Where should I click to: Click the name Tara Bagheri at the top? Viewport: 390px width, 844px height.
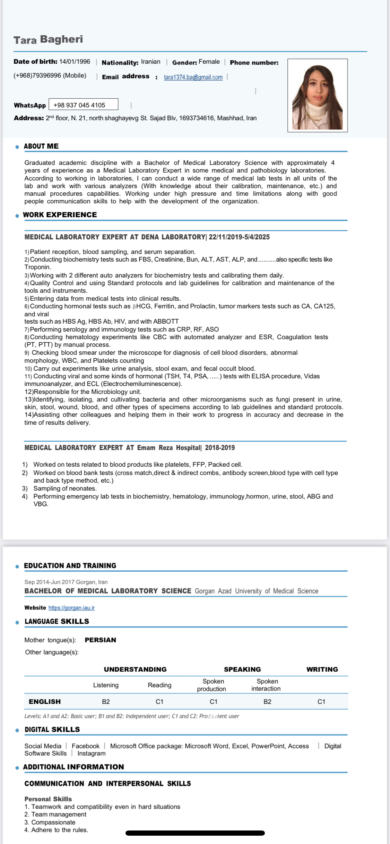click(x=48, y=39)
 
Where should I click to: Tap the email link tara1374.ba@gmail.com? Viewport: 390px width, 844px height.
click(x=193, y=77)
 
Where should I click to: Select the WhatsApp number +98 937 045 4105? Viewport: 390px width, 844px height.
click(x=79, y=105)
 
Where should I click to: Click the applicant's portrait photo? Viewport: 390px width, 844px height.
click(x=317, y=96)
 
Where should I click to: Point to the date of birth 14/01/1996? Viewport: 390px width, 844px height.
click(x=75, y=62)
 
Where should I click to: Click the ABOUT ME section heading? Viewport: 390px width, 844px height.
click(x=41, y=146)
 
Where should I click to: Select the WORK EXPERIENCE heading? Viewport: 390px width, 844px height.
click(x=60, y=215)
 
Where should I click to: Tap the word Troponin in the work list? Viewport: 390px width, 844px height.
click(x=37, y=267)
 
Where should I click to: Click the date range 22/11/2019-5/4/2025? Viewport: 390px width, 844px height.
click(x=239, y=237)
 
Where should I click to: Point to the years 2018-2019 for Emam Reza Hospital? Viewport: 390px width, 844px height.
click(x=220, y=448)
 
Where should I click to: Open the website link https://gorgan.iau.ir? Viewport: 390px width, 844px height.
click(x=71, y=608)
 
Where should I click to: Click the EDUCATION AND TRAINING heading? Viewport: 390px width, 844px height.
click(x=70, y=566)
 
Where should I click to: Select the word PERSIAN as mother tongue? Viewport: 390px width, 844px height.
click(x=100, y=640)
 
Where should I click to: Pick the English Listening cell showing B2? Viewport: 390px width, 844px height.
click(x=106, y=702)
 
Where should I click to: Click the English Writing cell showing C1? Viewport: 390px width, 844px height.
click(x=321, y=702)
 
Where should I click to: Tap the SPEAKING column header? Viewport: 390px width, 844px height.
click(x=242, y=669)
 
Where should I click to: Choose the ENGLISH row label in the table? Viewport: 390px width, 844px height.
click(x=45, y=702)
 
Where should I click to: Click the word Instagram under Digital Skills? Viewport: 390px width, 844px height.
click(x=92, y=753)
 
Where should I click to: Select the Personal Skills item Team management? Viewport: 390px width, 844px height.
click(x=59, y=814)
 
